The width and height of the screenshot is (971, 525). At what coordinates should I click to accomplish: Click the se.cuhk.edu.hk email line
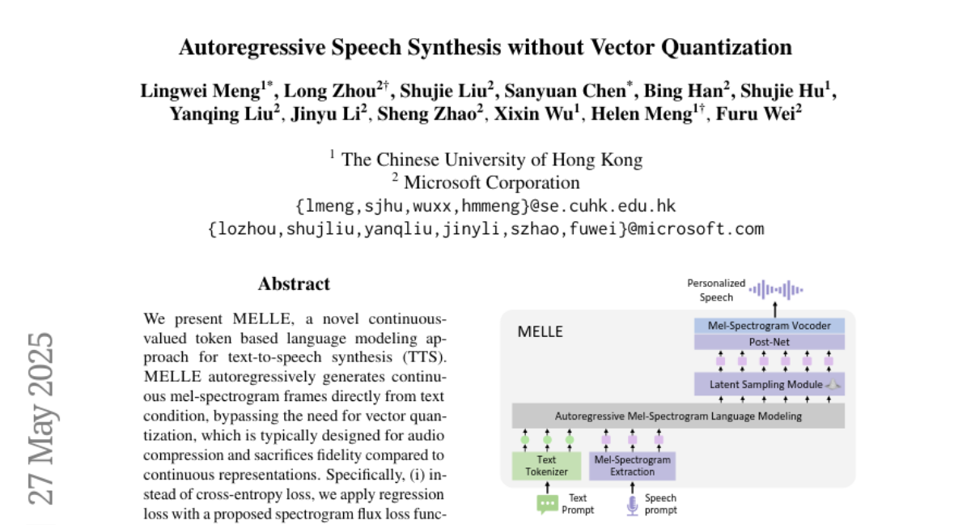pos(485,206)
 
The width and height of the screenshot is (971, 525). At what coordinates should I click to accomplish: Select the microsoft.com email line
pos(485,228)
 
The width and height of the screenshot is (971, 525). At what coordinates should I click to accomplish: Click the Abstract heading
pos(294,284)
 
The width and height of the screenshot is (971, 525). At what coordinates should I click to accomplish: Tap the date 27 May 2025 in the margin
pos(40,418)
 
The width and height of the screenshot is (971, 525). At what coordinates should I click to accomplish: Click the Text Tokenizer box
pos(547,465)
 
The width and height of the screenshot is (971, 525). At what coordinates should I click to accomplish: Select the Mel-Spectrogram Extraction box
pos(632,465)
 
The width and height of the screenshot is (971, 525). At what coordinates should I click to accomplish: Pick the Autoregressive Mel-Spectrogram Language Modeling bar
pos(678,416)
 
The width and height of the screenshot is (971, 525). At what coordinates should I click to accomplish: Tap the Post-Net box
pos(769,342)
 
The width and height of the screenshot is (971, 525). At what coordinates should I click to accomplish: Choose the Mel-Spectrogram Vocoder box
pos(769,326)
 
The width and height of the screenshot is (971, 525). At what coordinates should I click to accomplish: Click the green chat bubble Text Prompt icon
pos(548,504)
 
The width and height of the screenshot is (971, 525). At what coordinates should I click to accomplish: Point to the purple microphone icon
pos(633,505)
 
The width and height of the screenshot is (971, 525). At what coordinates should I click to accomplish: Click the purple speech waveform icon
pos(775,288)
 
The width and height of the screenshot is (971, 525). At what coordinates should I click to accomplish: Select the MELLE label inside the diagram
pos(540,331)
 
